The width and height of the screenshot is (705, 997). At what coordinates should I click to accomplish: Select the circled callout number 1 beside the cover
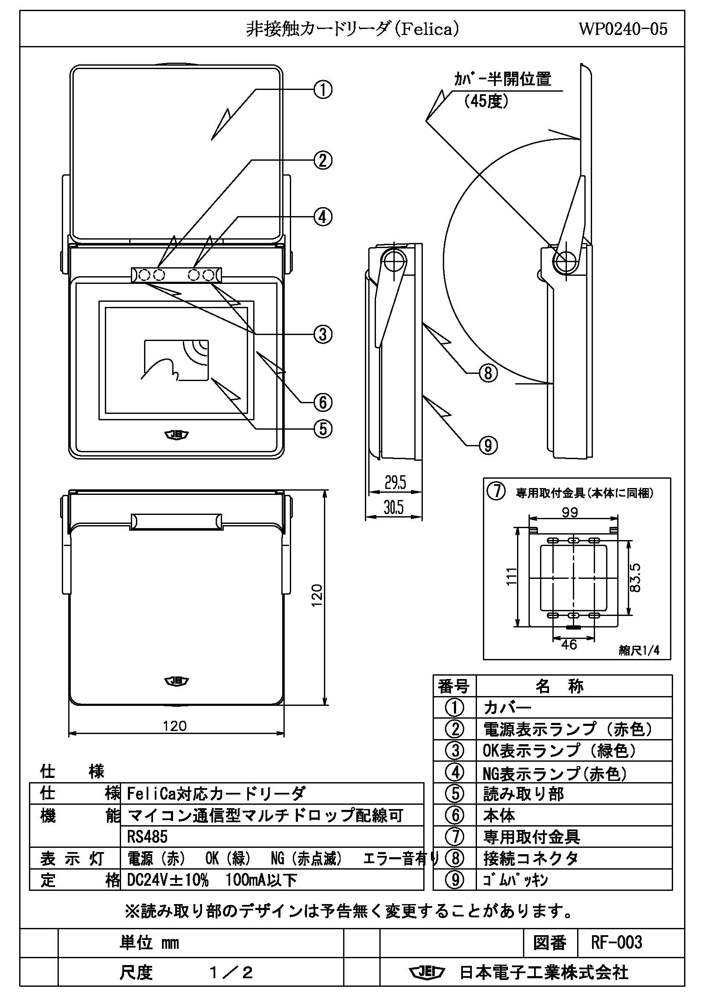[x=323, y=90]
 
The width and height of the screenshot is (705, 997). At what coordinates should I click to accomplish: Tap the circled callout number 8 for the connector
[x=488, y=373]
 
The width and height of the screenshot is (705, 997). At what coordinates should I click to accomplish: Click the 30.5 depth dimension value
[x=393, y=507]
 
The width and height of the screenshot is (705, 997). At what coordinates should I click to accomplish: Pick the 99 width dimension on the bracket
[x=569, y=512]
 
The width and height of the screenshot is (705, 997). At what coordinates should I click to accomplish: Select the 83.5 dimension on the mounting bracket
[x=635, y=578]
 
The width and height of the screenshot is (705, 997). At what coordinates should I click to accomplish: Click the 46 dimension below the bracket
[x=569, y=644]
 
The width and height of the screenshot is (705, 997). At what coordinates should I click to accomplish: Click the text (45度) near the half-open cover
[x=486, y=101]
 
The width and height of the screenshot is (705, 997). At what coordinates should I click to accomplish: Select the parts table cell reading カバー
[x=507, y=708]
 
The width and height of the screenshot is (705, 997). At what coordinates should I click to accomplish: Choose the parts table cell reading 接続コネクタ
[x=531, y=858]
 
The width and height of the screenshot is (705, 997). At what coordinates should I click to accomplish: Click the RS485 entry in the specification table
[x=147, y=837]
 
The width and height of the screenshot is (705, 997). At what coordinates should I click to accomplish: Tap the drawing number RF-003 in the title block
[x=616, y=942]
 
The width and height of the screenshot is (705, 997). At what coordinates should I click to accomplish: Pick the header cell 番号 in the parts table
[x=454, y=687]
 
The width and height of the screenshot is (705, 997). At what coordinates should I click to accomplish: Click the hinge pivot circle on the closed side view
[x=393, y=261]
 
